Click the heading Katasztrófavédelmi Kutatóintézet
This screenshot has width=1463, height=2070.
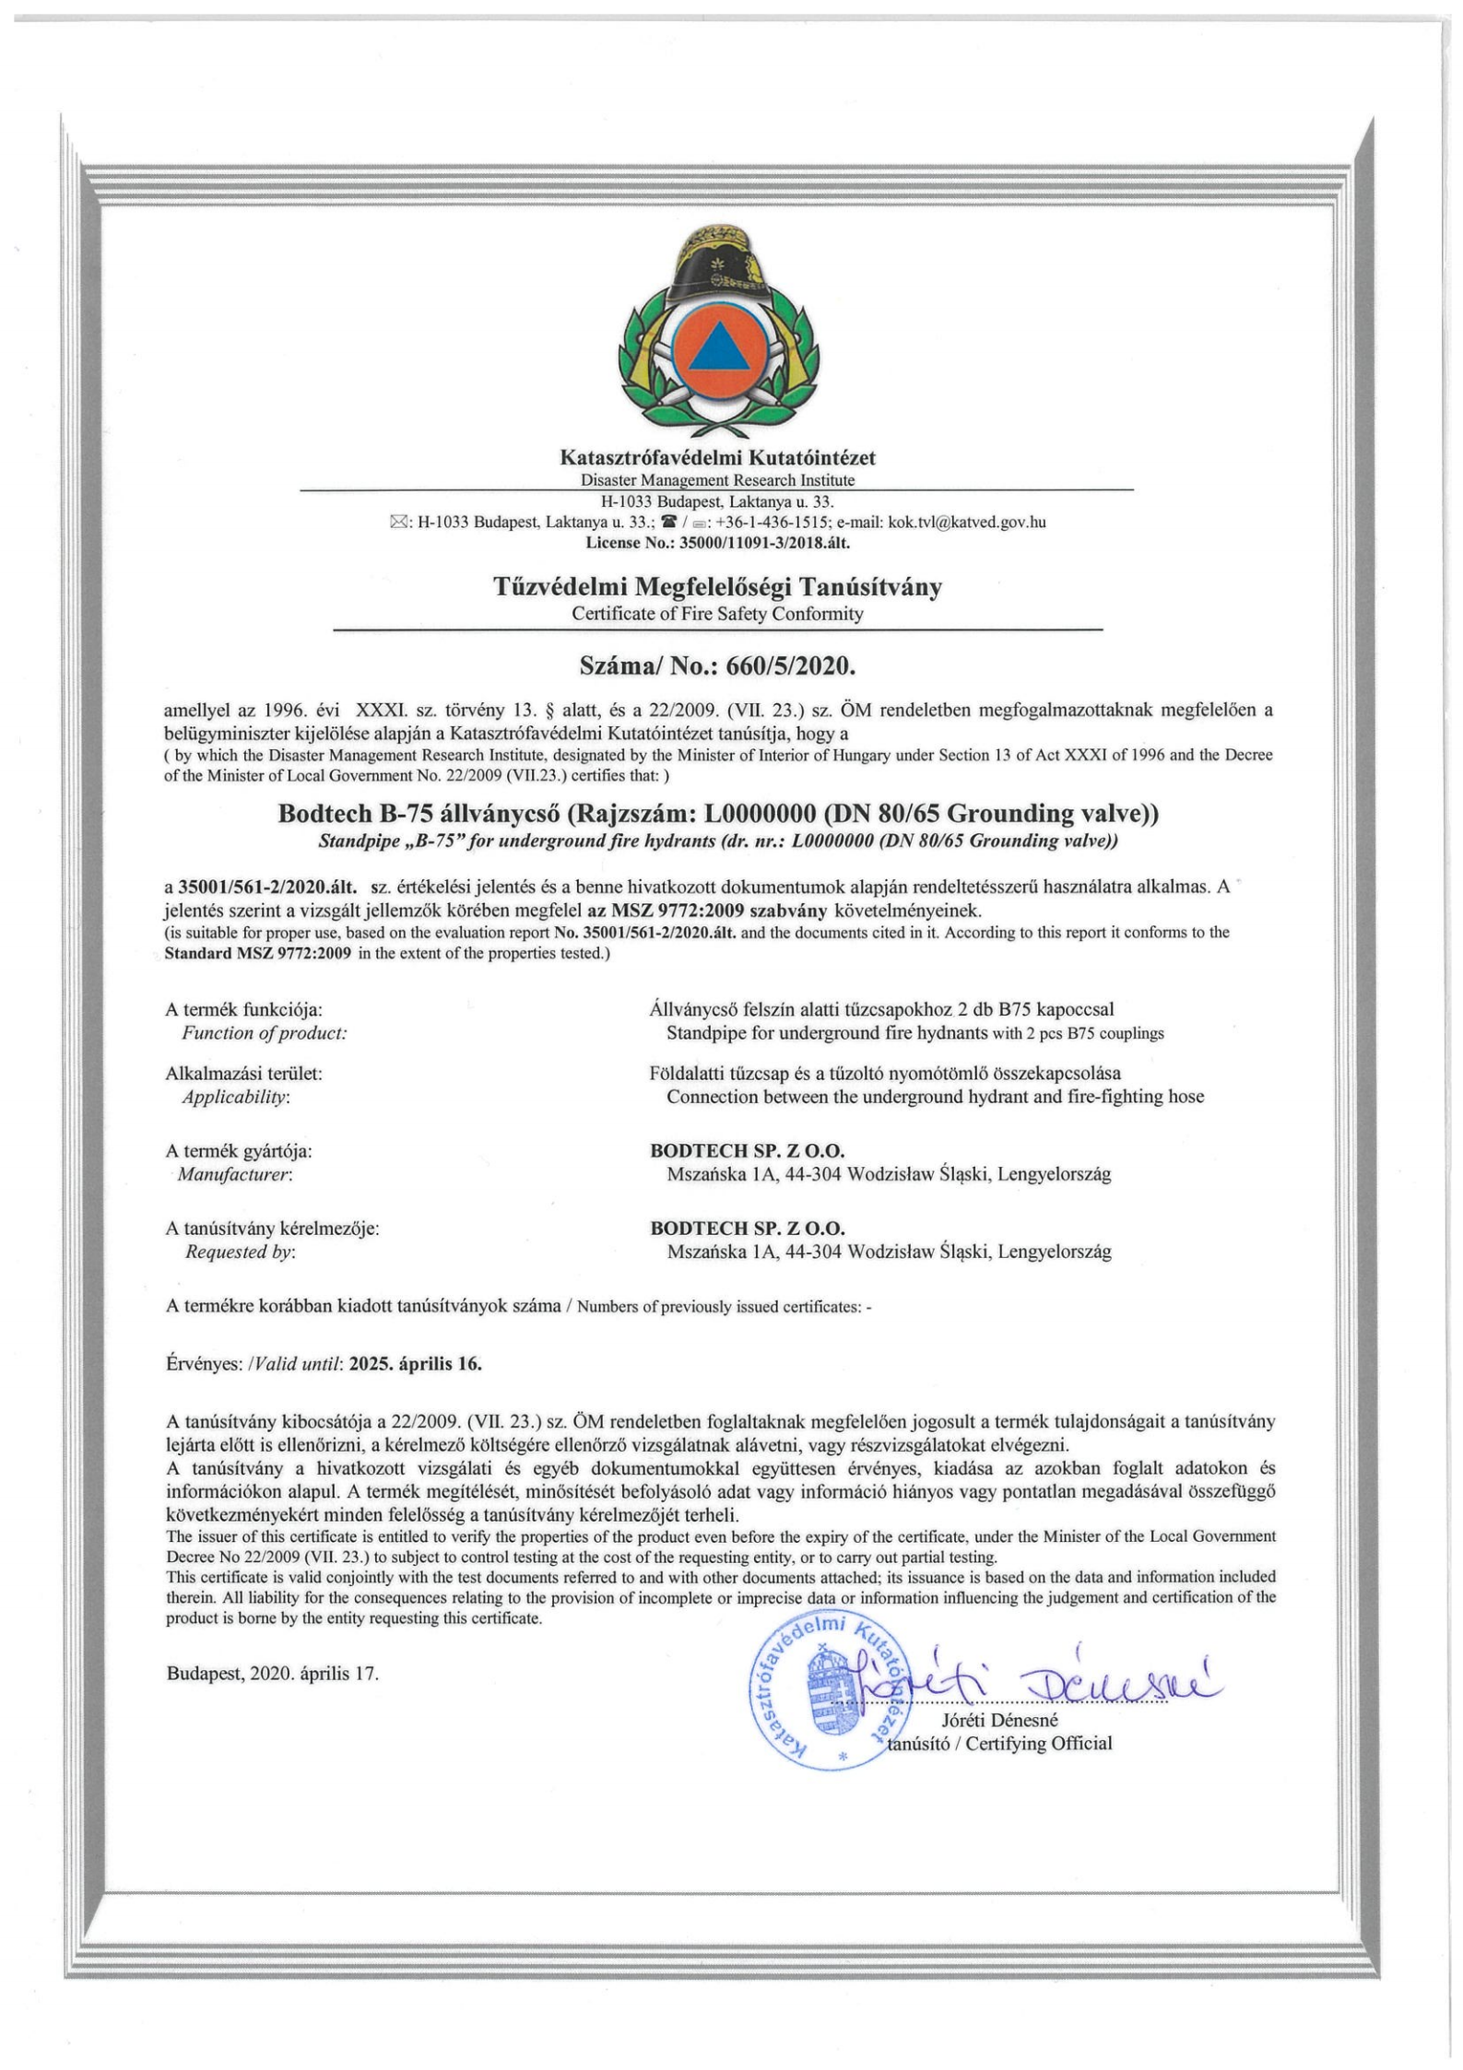(718, 457)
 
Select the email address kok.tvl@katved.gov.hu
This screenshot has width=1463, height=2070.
(966, 523)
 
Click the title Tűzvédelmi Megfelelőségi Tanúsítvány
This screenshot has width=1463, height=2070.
(718, 587)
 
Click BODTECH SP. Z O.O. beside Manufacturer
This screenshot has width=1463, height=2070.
(748, 1151)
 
